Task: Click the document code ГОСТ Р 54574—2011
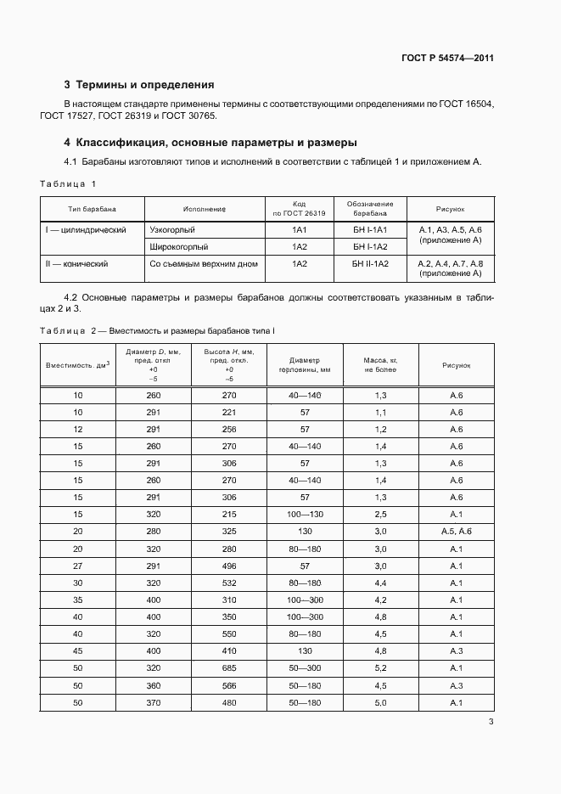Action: pos(447,58)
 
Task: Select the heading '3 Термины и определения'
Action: pos(139,85)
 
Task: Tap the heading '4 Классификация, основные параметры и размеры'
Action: pos(210,142)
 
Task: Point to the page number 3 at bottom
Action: pos(491,723)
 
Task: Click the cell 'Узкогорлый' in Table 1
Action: pos(172,230)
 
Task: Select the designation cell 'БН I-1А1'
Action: pos(369,230)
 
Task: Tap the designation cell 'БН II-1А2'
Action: pos(369,264)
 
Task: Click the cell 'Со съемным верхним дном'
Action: pos(204,264)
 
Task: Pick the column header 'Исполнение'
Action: pos(204,208)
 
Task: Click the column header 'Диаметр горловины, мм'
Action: pos(304,365)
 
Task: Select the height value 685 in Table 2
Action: pos(228,667)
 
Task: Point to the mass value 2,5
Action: pos(380,515)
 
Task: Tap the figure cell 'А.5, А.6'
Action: pos(456,532)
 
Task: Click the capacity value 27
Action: pos(78,566)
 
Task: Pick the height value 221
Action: pos(228,413)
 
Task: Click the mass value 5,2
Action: pos(380,667)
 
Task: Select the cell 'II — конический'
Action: pos(76,264)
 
